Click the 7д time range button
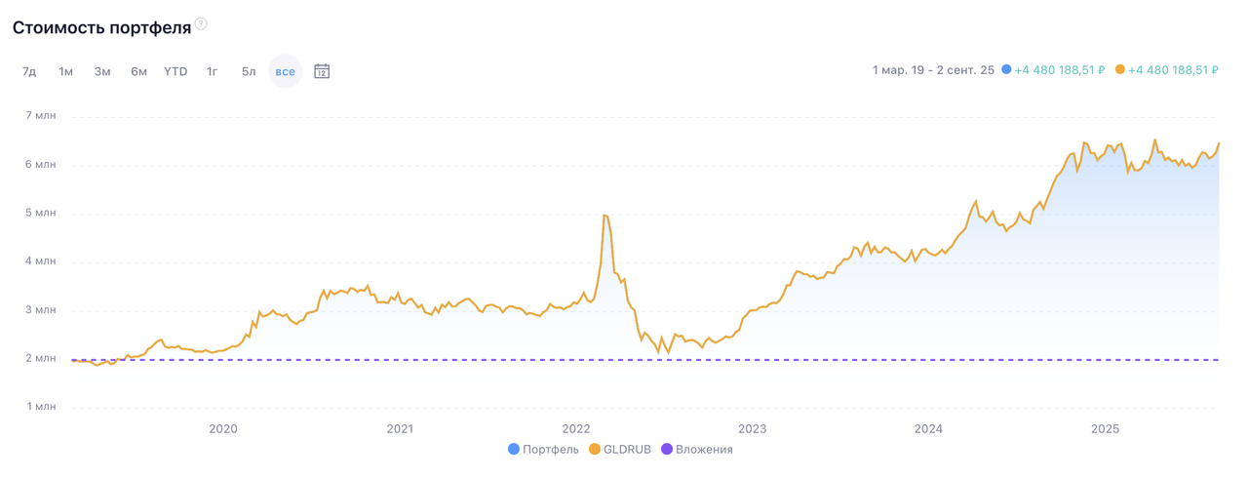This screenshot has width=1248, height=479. click(29, 71)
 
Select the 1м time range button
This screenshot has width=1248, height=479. click(65, 71)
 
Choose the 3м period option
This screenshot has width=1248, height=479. click(102, 71)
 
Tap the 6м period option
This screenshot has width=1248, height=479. click(138, 71)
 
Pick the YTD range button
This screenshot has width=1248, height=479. click(175, 71)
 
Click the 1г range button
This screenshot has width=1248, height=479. click(212, 71)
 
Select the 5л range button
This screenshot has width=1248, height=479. click(249, 71)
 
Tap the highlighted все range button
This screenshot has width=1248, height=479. click(285, 71)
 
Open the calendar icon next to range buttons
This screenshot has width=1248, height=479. click(322, 71)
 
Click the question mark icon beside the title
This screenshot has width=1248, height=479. click(201, 23)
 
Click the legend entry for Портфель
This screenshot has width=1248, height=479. click(543, 450)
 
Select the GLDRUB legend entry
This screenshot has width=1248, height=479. click(620, 450)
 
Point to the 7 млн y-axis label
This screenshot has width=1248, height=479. click(40, 116)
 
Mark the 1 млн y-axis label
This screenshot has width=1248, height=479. click(40, 407)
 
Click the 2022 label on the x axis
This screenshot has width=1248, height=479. click(576, 428)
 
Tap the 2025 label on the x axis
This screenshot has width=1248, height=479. click(1105, 428)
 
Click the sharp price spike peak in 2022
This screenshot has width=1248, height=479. click(605, 215)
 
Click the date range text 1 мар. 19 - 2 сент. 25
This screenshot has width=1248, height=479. click(933, 70)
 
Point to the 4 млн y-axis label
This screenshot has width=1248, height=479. click(40, 261)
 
